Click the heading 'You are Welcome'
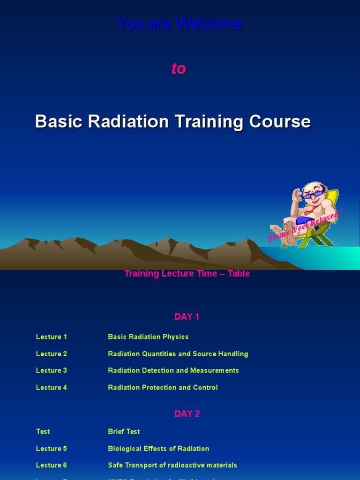[180, 23]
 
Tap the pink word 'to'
[179, 68]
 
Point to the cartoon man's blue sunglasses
[313, 193]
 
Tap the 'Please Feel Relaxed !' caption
[306, 226]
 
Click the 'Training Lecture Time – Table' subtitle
[187, 274]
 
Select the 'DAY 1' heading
[187, 317]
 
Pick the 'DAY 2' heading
[187, 414]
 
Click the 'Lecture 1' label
[52, 337]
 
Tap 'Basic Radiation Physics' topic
[148, 337]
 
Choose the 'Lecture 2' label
[52, 354]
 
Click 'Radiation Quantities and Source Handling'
[178, 354]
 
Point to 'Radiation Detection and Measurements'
[173, 371]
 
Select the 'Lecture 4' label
[52, 388]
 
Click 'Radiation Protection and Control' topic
[163, 388]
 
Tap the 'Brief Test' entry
[124, 432]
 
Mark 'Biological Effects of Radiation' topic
[158, 449]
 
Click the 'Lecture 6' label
[52, 465]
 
